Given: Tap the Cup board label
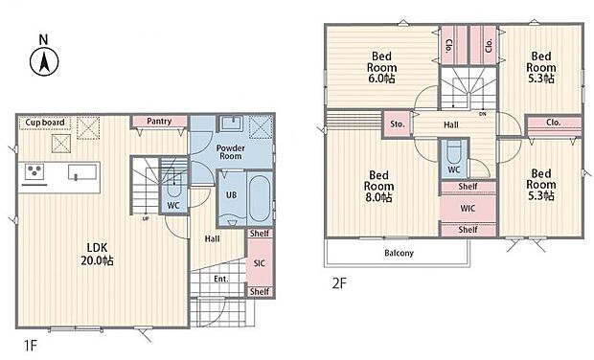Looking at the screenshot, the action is (45, 123).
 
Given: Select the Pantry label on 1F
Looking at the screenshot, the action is (159, 122).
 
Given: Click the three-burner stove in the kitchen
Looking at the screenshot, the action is (34, 171).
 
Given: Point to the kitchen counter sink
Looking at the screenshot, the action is (82, 172).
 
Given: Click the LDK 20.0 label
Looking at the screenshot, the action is (97, 254).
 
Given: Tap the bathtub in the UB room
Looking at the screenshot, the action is (260, 199).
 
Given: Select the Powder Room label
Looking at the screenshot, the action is (230, 152).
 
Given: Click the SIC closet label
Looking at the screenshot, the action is (259, 263).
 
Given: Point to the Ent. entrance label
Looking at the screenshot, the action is (221, 279).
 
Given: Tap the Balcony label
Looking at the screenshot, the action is (399, 253).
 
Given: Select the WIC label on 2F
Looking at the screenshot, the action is (468, 208).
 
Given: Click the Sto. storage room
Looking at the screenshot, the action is (397, 124).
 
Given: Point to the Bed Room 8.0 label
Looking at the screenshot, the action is (378, 187).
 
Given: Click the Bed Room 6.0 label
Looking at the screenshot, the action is (381, 67).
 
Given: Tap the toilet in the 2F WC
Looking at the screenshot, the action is (454, 151).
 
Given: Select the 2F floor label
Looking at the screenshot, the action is (339, 283).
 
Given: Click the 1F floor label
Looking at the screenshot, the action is (30, 346).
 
